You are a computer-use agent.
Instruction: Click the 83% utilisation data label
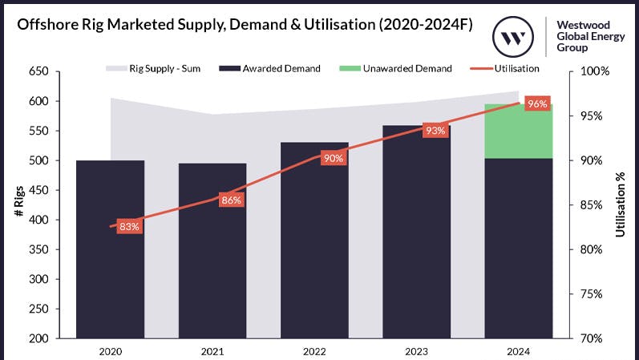130,227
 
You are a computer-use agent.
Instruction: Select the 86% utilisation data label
232,200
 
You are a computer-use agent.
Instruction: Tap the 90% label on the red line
333,158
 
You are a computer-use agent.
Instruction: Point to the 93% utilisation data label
435,131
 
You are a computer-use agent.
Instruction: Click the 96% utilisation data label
537,104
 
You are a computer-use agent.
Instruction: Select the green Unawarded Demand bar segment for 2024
519,131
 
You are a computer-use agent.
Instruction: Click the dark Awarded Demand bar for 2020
111,249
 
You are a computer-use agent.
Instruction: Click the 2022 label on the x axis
314,351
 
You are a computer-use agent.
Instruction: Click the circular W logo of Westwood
511,37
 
